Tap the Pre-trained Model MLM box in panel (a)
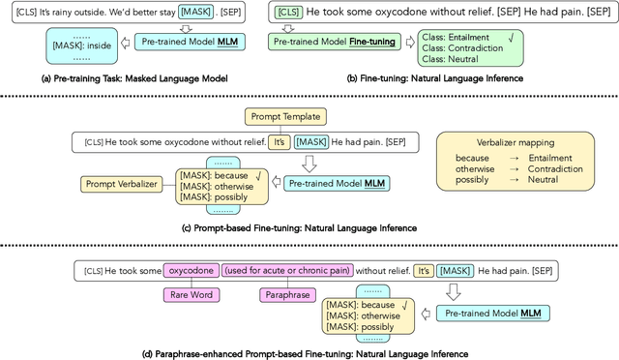click(188, 43)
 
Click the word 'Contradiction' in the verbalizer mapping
click(554, 169)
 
